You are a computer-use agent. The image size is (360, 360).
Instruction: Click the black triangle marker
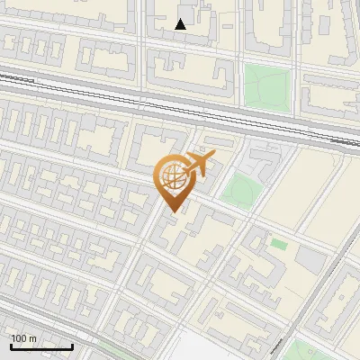pyautogui.click(x=181, y=24)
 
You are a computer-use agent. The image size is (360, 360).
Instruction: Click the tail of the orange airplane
pyautogui.click(x=185, y=168)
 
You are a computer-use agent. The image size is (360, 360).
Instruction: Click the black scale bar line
pyautogui.click(x=41, y=346)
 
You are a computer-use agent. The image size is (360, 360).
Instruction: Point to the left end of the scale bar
pyautogui.click(x=11, y=346)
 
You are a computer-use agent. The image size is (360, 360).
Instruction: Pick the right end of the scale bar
pyautogui.click(x=72, y=346)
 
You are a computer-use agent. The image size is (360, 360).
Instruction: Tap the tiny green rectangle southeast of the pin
pyautogui.click(x=279, y=244)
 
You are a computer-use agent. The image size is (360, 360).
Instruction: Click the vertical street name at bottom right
pyautogui.click(x=275, y=346)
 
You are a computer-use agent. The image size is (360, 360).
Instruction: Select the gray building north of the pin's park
pyautogui.click(x=264, y=165)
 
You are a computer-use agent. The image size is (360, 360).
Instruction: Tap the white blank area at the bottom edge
pyautogui.click(x=202, y=351)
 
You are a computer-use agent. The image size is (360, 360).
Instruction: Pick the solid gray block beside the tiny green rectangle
pyautogui.click(x=310, y=260)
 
